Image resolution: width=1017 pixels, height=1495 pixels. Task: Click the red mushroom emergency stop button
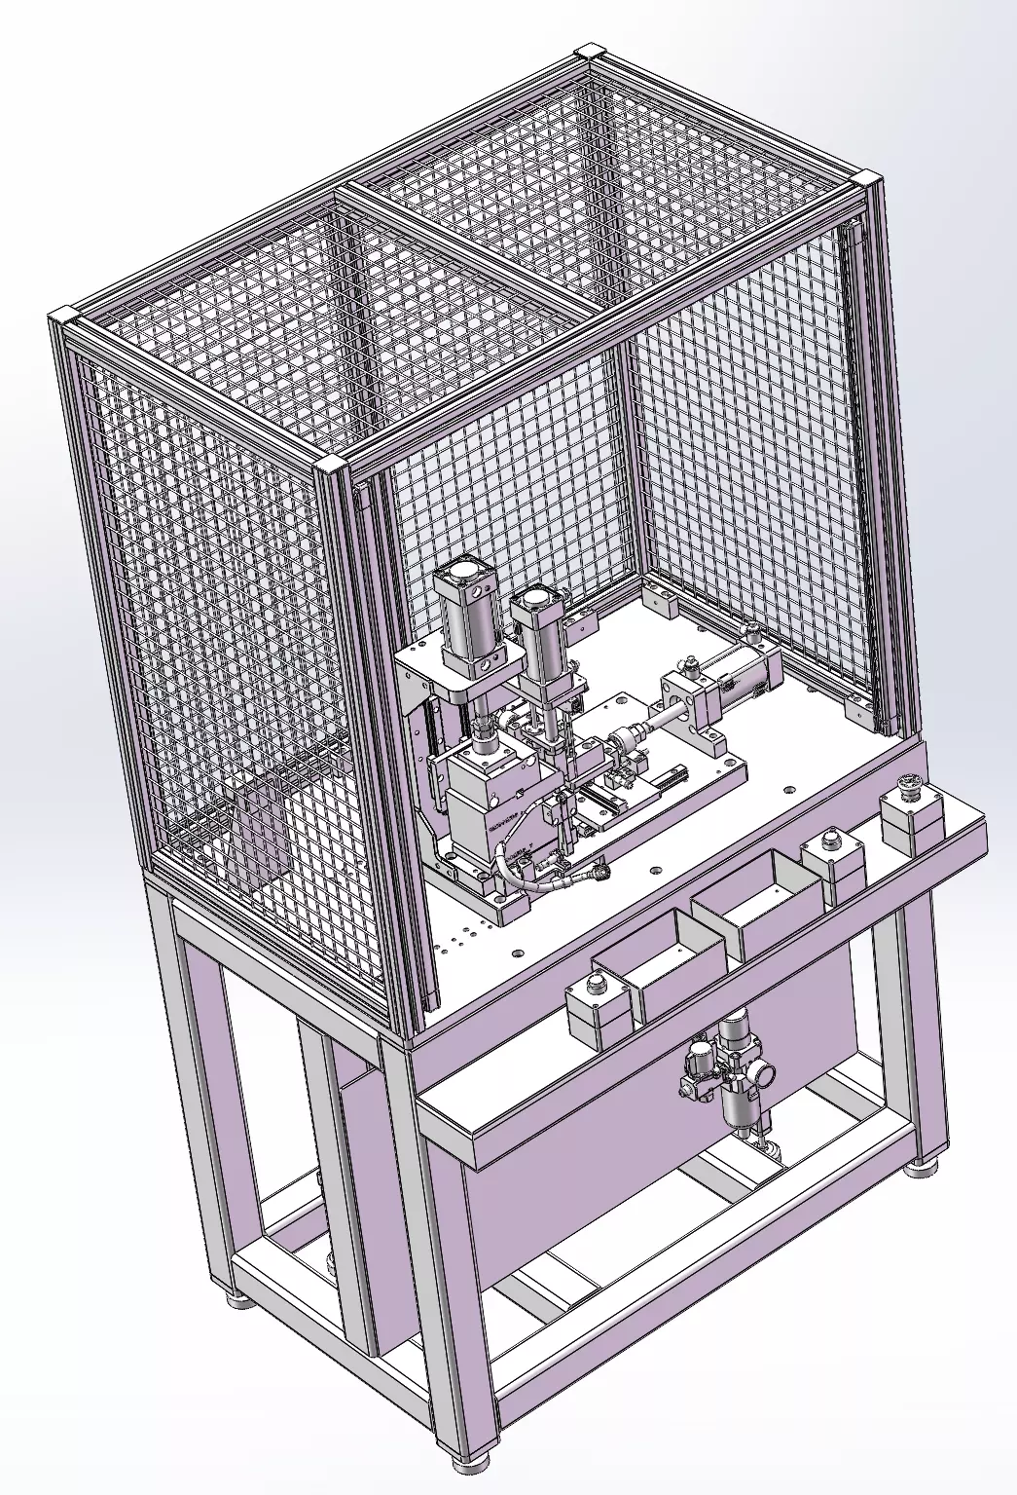tap(909, 782)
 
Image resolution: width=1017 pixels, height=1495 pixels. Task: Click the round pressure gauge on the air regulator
tap(764, 1073)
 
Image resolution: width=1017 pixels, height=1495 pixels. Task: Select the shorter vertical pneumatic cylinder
tap(537, 633)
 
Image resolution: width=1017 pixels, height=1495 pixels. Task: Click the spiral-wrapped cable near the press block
tap(526, 875)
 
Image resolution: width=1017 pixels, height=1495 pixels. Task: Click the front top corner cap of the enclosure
tap(329, 465)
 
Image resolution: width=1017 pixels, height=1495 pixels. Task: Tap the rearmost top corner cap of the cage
tap(590, 51)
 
